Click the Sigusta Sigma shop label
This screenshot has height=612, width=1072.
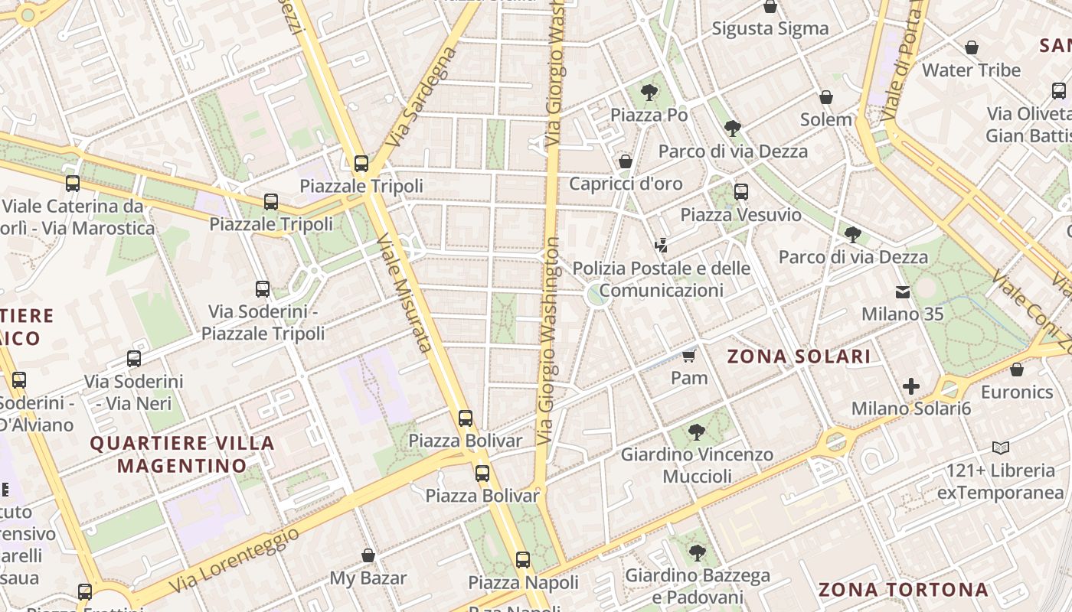click(x=770, y=29)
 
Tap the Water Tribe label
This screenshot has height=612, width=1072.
click(x=971, y=70)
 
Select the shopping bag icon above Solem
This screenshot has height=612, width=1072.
click(x=825, y=98)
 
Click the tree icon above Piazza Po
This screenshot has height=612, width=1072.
click(x=649, y=93)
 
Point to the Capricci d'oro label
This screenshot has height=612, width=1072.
click(x=625, y=184)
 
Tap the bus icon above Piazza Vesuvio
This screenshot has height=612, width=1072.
click(x=740, y=192)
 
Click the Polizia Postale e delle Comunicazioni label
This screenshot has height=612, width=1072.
click(x=661, y=279)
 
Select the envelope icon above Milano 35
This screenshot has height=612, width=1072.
click(x=903, y=292)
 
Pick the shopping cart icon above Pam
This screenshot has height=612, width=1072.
click(x=688, y=356)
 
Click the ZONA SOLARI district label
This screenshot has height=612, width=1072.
click(x=798, y=356)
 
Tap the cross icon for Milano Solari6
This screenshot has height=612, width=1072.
click(x=910, y=386)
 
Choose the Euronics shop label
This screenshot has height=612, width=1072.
click(x=1016, y=392)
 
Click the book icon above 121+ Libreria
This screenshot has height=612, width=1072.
click(x=1000, y=448)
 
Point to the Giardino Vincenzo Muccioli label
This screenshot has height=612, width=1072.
click(x=696, y=465)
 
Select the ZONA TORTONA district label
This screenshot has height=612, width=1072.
click(x=903, y=590)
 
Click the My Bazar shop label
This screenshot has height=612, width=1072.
click(x=368, y=578)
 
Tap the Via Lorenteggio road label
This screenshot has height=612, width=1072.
click(x=234, y=560)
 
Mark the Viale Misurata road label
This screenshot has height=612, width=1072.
click(x=404, y=294)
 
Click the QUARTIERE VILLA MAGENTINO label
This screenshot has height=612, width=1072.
click(x=182, y=454)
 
